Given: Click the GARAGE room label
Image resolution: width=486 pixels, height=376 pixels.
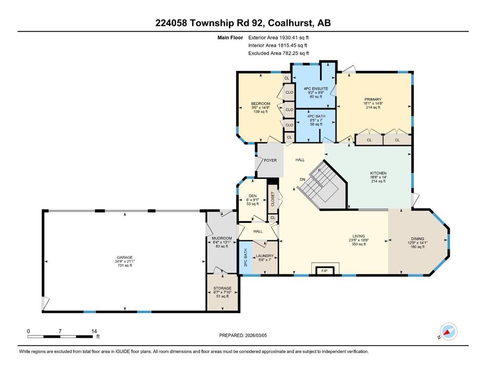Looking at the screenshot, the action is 125,258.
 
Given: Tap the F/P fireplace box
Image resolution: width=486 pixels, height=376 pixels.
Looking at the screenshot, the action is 324,271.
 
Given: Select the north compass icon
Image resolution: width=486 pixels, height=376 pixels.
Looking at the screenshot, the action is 448,331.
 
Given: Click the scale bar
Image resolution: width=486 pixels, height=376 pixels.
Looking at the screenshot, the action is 60,336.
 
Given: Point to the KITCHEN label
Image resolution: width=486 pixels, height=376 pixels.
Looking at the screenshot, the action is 378,173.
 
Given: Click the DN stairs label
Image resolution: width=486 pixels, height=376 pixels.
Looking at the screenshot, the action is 302,180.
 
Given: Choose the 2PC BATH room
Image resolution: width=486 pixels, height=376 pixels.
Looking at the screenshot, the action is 246,258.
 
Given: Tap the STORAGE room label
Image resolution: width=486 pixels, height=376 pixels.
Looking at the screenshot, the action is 222,288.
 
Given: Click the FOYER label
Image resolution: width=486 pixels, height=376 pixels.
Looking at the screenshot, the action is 270,160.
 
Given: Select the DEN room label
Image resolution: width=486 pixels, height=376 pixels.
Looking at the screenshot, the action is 253,196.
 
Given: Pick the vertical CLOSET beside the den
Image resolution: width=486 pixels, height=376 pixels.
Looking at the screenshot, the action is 273,199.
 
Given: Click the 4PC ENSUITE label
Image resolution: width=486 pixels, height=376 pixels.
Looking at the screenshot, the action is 316,89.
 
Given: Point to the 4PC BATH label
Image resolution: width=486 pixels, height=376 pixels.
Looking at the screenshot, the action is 316,116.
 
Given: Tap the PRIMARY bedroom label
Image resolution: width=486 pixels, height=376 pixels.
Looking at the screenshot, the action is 373,99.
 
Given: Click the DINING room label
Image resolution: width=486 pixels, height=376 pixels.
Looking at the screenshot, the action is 417,239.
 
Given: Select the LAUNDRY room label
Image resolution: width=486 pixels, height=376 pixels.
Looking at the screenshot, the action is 265,256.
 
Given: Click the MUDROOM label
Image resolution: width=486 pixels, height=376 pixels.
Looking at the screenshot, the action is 222,238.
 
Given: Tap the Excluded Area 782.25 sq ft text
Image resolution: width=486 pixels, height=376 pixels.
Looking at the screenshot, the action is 278,53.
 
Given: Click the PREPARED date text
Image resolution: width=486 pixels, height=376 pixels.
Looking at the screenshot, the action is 243,335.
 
